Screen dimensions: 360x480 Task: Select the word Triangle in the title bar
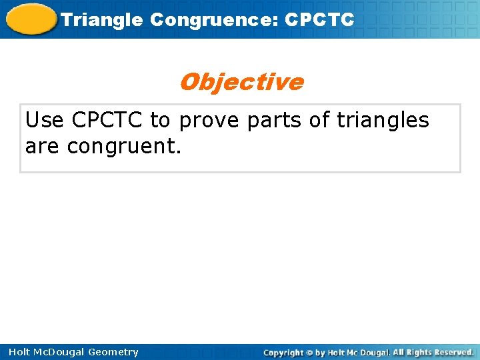coord(101,20)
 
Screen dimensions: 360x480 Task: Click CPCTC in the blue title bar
coord(319,20)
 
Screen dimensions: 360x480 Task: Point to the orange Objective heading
coord(241,82)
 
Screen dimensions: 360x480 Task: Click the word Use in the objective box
coord(45,121)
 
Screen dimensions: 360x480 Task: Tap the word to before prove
coord(160,121)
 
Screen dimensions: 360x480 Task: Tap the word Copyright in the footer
coord(283,352)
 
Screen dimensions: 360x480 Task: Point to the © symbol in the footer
coord(308,352)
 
